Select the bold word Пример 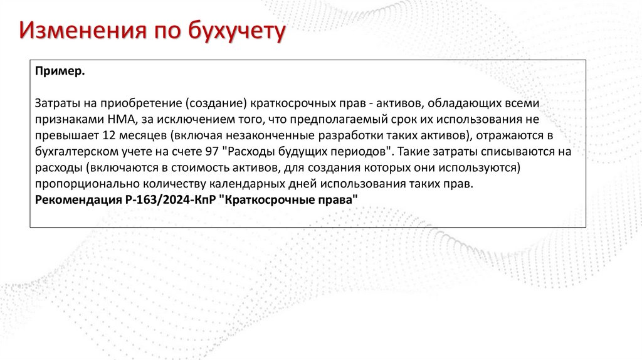(60, 72)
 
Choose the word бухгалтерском (73, 151)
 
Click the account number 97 (211, 151)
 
